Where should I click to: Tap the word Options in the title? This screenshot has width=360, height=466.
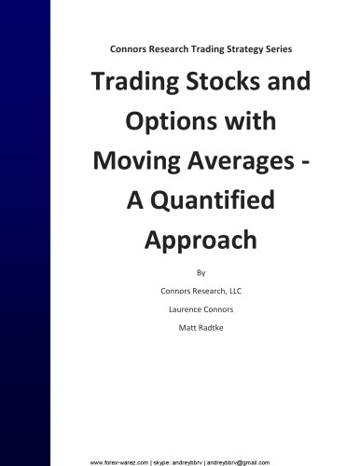click(x=166, y=124)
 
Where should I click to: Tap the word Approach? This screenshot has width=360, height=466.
click(x=201, y=238)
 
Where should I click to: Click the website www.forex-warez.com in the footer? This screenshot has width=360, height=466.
click(x=120, y=461)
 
